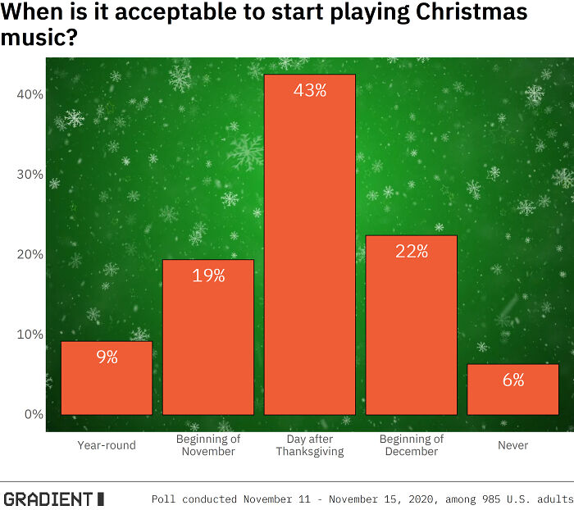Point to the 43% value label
tap(310, 90)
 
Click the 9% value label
tap(107, 357)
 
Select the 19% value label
tap(208, 275)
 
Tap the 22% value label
tap(412, 252)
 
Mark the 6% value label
tap(512, 380)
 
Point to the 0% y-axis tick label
tap(33, 415)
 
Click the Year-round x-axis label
tap(107, 445)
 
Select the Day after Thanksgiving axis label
tap(310, 445)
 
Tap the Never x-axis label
tap(512, 445)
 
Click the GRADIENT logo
tap(54, 499)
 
